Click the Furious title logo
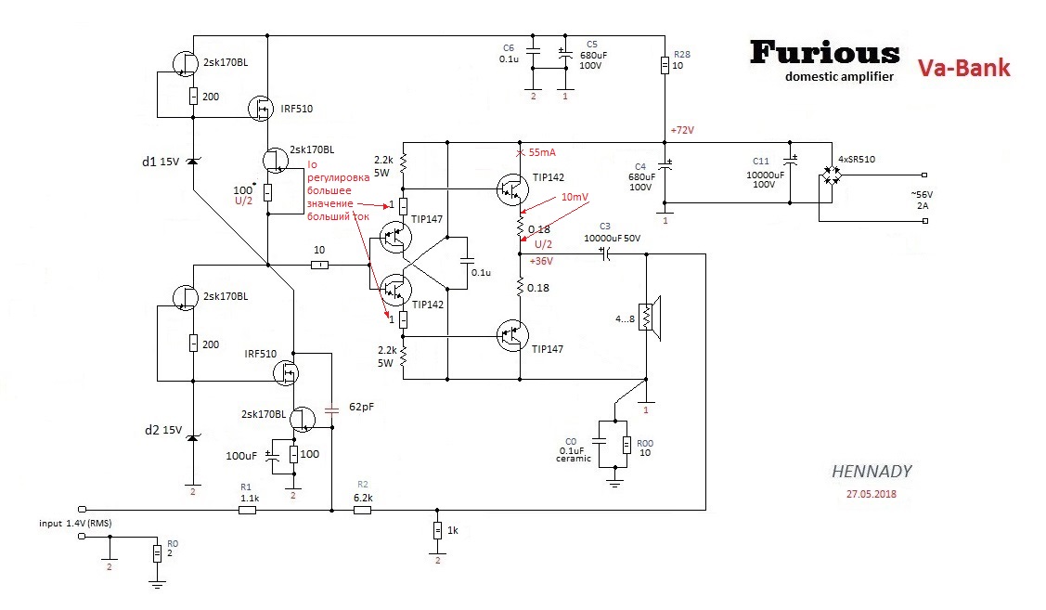tap(824, 52)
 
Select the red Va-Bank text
tap(963, 68)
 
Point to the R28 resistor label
tap(681, 56)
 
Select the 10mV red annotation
tap(574, 198)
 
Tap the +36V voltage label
tap(541, 261)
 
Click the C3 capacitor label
tap(604, 226)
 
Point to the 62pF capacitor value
tap(363, 407)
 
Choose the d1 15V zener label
tap(160, 162)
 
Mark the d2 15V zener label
tap(160, 430)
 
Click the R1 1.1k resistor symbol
tap(247, 510)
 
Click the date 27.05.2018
tap(872, 494)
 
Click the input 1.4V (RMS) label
tap(75, 524)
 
